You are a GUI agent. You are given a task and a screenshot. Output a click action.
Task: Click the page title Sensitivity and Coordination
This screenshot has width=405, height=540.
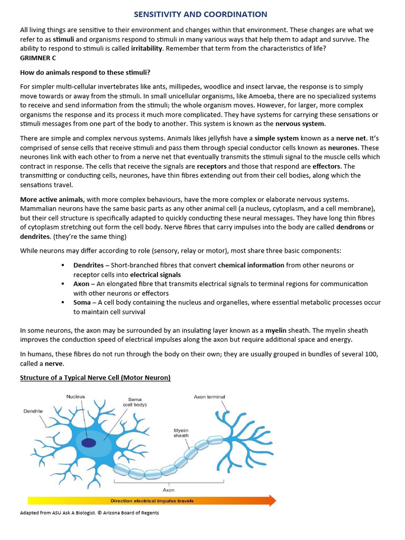point(200,14)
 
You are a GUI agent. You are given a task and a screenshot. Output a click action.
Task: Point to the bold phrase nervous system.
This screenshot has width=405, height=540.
point(301,124)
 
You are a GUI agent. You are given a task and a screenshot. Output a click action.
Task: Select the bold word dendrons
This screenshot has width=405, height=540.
point(350,227)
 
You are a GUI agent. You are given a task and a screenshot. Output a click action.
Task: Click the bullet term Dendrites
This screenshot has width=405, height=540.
point(89,265)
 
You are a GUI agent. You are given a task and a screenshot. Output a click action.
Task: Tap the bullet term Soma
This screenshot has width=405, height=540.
point(82,303)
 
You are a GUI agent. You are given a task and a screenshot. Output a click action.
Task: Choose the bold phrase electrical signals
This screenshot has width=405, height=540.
point(155,275)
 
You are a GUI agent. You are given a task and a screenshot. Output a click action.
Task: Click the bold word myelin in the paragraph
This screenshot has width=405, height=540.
point(275,330)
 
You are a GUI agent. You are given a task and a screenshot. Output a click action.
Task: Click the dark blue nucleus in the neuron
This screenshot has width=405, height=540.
point(89,442)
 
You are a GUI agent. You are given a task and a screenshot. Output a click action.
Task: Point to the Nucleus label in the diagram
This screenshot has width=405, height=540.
point(75,397)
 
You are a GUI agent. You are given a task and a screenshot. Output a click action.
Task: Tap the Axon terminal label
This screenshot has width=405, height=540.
point(209,397)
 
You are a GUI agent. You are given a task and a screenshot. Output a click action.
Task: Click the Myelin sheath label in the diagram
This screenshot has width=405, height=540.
point(181,433)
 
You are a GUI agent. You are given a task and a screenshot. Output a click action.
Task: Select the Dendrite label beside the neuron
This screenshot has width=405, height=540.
point(33,411)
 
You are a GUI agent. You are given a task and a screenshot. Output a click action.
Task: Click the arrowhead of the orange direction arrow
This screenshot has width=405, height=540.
point(272,500)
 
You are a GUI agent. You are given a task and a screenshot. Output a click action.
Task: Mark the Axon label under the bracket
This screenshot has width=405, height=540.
point(169,490)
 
